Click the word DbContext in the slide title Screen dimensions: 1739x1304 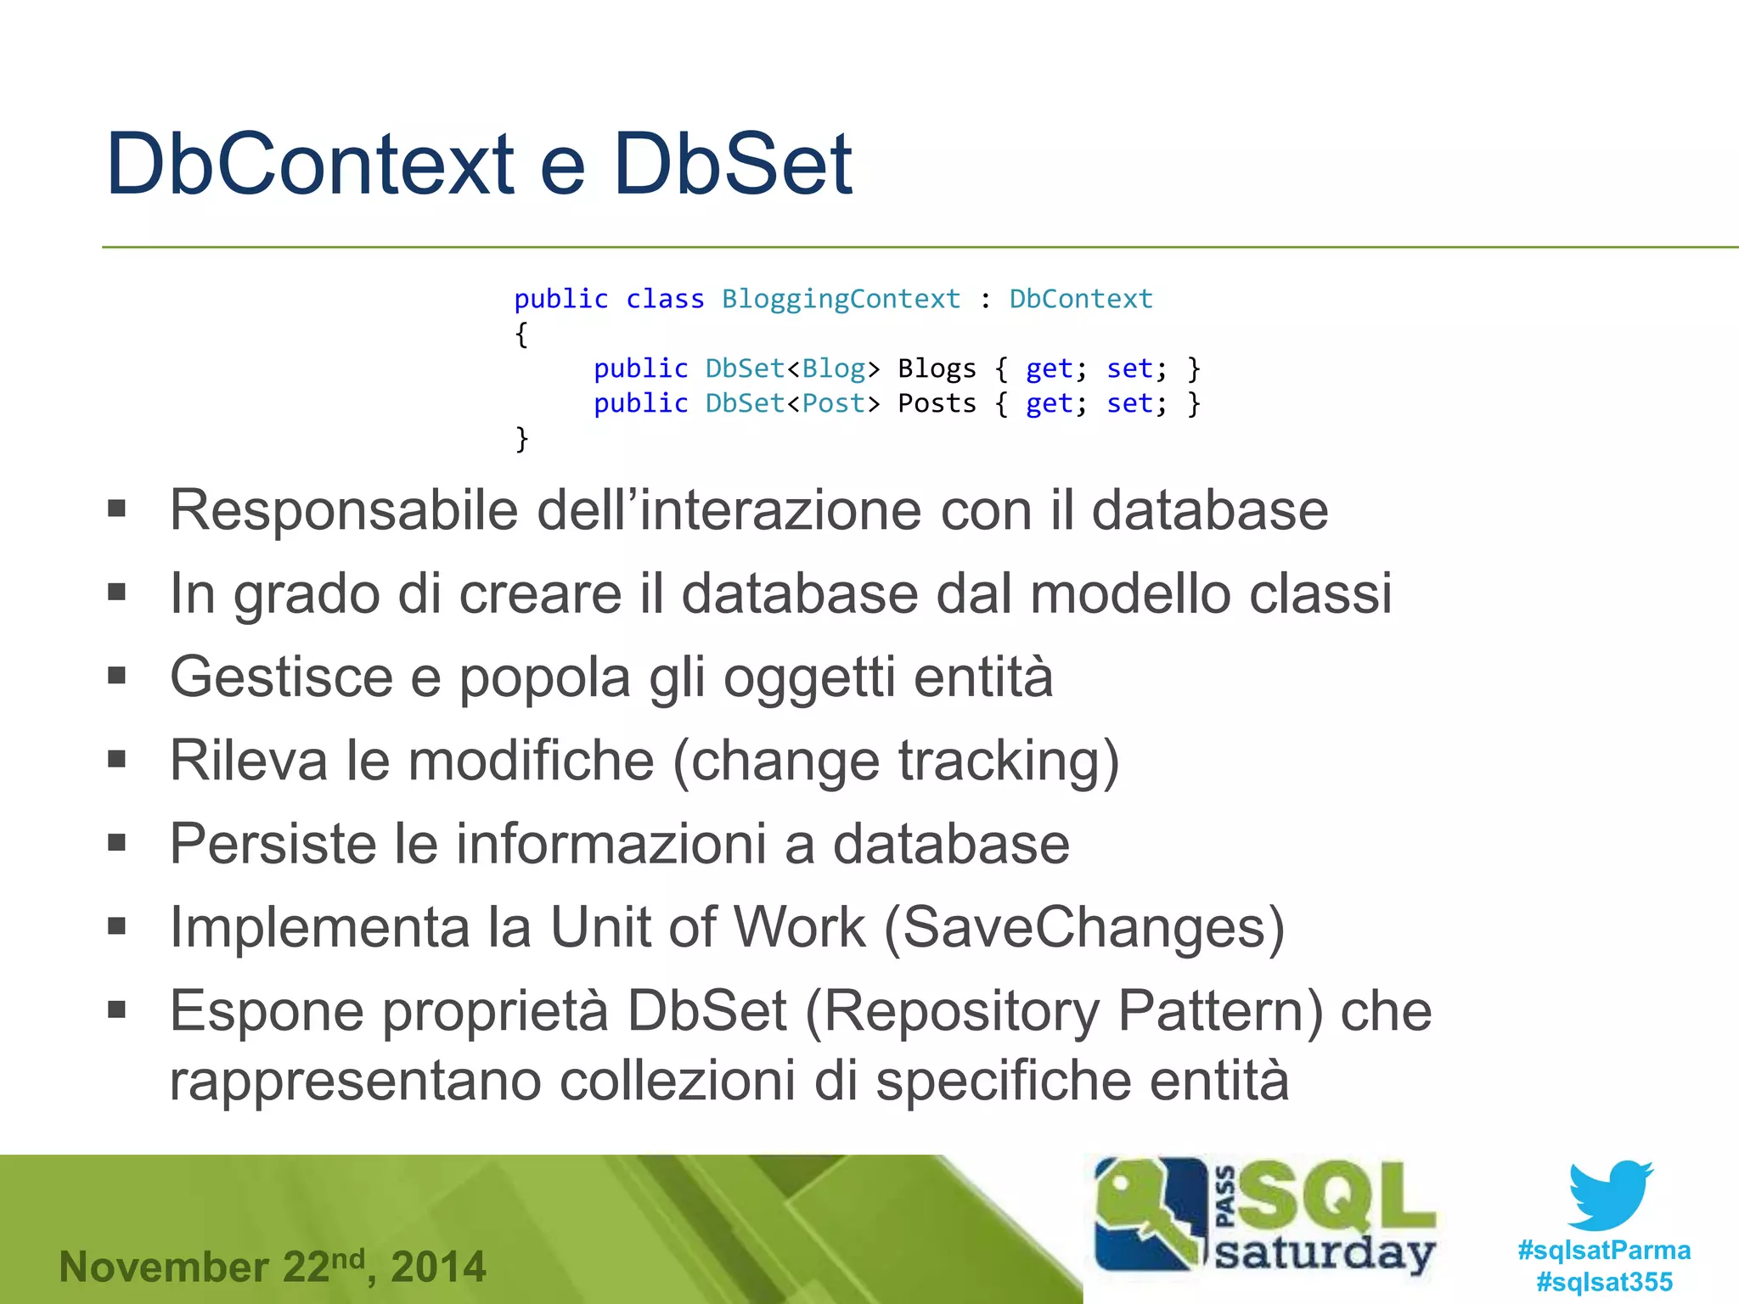(x=310, y=164)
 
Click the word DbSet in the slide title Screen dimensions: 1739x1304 (x=732, y=164)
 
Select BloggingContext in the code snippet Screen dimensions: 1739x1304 (x=841, y=299)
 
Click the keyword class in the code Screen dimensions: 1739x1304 (x=665, y=299)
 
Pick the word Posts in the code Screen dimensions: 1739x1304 (x=937, y=403)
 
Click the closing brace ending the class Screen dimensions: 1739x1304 (x=521, y=439)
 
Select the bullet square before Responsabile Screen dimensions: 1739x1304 (x=117, y=509)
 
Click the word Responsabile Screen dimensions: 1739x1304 (x=343, y=511)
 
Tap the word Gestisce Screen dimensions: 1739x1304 (x=280, y=677)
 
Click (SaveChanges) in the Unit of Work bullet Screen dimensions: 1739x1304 (x=1084, y=927)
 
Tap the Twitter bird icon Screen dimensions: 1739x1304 (x=1610, y=1195)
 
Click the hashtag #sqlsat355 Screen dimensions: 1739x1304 (x=1604, y=1282)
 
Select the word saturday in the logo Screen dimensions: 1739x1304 (x=1325, y=1252)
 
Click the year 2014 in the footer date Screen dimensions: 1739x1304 (x=438, y=1267)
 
